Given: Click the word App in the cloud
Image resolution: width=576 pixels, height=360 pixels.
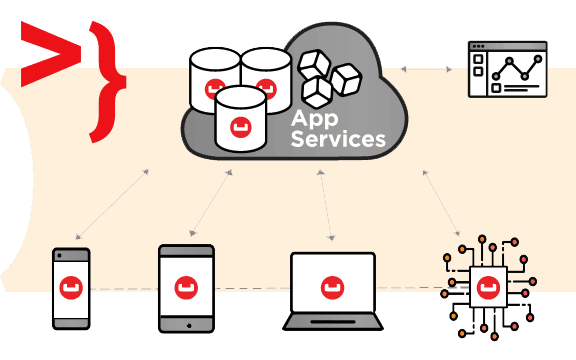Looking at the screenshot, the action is click(314, 119).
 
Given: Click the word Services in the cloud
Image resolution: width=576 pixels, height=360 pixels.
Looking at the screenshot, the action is click(338, 139).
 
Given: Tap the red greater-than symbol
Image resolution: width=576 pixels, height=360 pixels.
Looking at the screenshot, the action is click(51, 54).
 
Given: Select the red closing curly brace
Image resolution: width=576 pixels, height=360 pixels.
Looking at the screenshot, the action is click(108, 82).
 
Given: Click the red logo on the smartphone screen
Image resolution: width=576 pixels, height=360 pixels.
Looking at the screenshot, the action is click(71, 288).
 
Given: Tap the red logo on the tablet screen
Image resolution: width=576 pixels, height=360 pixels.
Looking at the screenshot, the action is click(186, 288).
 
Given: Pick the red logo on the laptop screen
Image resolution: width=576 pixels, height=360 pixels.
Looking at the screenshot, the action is click(332, 288).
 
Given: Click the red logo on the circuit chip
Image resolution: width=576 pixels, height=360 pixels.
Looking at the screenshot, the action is click(488, 288).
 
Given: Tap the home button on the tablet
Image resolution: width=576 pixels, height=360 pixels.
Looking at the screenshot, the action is click(189, 325).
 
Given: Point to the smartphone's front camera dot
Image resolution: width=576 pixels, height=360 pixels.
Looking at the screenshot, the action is click(60, 255).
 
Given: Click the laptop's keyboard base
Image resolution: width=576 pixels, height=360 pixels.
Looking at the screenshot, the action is click(333, 322).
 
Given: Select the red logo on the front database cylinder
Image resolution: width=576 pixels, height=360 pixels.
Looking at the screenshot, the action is click(241, 127).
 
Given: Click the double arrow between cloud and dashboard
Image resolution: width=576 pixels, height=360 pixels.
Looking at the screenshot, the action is click(426, 69).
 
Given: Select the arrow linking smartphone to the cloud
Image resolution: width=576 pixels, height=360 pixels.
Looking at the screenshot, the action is click(112, 204).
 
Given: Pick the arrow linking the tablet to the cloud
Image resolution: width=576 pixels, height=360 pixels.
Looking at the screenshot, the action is click(211, 202).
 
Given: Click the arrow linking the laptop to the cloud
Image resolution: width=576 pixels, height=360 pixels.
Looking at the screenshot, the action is click(326, 205).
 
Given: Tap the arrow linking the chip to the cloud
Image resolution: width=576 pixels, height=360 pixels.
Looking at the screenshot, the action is click(441, 203).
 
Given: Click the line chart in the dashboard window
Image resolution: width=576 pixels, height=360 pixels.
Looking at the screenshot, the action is click(517, 68).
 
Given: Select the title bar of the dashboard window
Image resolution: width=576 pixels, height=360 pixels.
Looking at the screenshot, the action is click(508, 46).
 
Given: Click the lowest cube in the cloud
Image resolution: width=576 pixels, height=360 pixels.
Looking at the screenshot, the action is click(317, 92).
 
